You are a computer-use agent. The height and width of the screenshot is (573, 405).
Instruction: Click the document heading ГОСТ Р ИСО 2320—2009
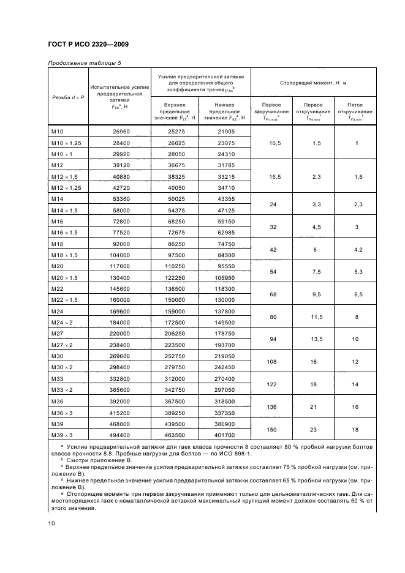pos(88,44)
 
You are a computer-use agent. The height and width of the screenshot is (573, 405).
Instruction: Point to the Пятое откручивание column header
pos(355,111)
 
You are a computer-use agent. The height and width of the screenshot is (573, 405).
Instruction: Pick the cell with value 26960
pos(120,132)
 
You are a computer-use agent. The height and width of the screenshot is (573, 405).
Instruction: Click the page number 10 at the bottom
pos(51,523)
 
